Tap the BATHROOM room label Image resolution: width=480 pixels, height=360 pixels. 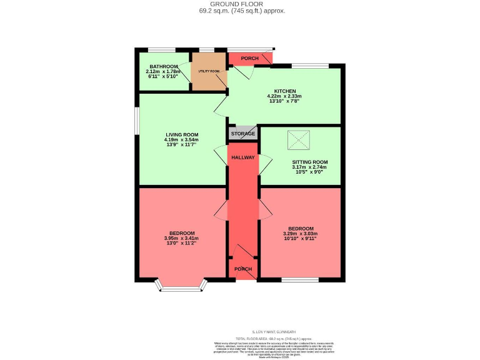click(159, 65)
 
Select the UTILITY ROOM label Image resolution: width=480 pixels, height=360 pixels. click(209, 71)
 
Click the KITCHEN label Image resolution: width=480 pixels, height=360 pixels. click(284, 91)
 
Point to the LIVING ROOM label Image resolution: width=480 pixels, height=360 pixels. click(182, 134)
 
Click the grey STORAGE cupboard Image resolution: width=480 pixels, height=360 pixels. click(243, 134)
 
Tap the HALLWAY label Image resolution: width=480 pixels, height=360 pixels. click(243, 157)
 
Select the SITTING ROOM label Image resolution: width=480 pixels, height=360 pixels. click(309, 161)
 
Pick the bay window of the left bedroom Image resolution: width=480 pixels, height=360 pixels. click(182, 286)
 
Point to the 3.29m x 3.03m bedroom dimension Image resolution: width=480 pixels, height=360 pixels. click(301, 234)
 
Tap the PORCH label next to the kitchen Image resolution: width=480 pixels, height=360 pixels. click(249, 59)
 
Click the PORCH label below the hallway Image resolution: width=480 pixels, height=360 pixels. click(243, 269)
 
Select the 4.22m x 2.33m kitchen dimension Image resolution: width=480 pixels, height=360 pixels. click(284, 97)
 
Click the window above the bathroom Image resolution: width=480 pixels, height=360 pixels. click(161, 49)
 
